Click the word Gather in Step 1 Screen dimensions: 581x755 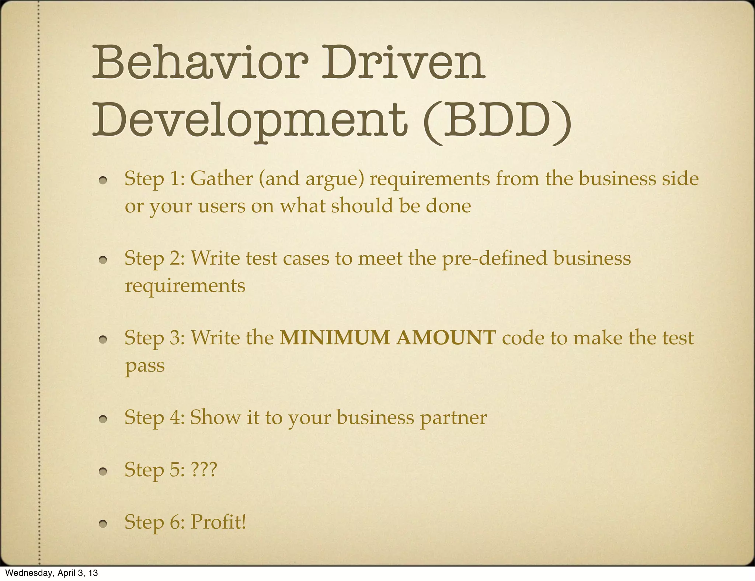[221, 179]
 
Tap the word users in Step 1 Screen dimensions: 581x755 [222, 206]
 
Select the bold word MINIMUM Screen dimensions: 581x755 [334, 338]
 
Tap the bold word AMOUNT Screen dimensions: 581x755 [446, 338]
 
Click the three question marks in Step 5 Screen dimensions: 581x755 [204, 470]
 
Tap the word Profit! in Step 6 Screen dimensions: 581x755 [218, 522]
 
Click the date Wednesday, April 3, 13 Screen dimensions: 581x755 [52, 573]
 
